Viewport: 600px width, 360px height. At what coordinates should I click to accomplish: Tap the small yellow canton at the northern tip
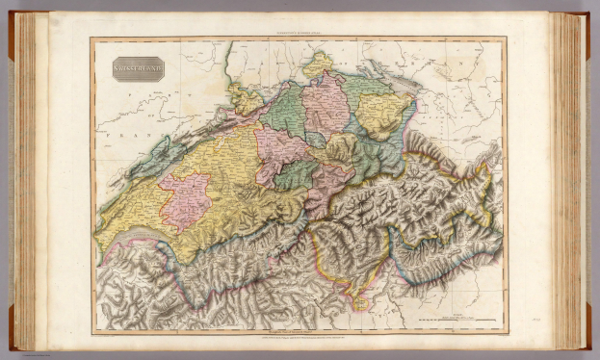(318, 64)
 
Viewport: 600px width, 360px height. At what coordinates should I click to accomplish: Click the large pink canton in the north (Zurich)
(326, 106)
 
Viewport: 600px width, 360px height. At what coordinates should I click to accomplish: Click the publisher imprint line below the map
(298, 339)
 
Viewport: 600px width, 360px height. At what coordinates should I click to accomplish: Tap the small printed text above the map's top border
(298, 34)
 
